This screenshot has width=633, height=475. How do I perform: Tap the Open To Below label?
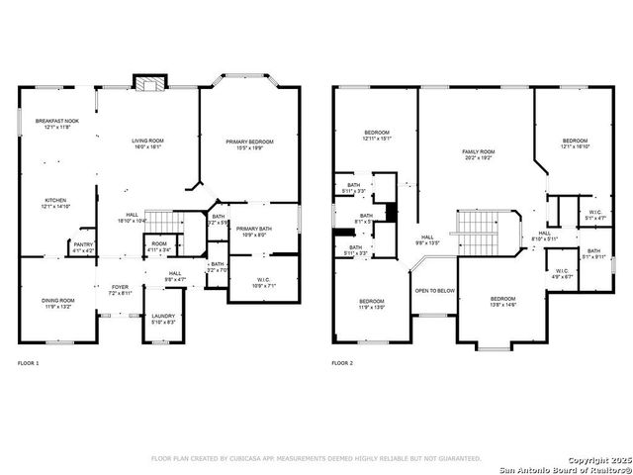(x=434, y=291)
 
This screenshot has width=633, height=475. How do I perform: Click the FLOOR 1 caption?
(x=29, y=364)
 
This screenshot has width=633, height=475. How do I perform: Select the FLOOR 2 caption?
(x=343, y=364)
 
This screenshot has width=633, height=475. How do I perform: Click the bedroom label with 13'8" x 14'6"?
(x=502, y=301)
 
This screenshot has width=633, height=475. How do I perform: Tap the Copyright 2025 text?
(x=585, y=460)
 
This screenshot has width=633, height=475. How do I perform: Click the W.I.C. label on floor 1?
(x=263, y=282)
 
